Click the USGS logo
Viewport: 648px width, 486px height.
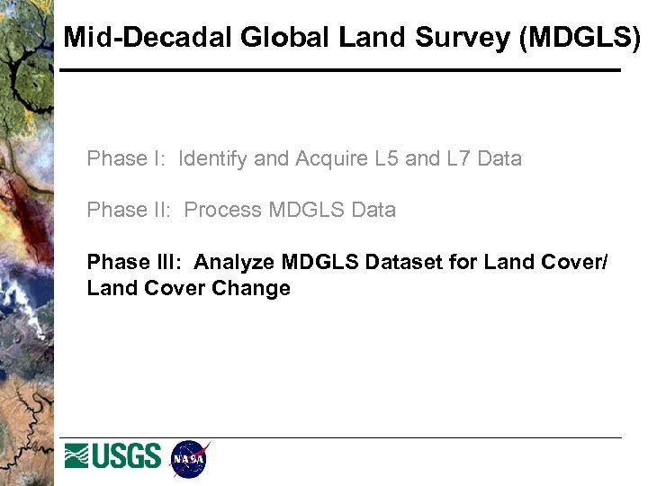[x=112, y=456]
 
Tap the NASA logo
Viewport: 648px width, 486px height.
[x=189, y=459]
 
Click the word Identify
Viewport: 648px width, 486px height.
[x=213, y=159]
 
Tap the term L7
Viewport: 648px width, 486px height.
[x=459, y=159]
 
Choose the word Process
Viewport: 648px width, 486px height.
[x=223, y=211]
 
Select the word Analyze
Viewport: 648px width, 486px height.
[x=234, y=263]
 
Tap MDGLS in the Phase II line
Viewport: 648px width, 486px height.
[x=305, y=211]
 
